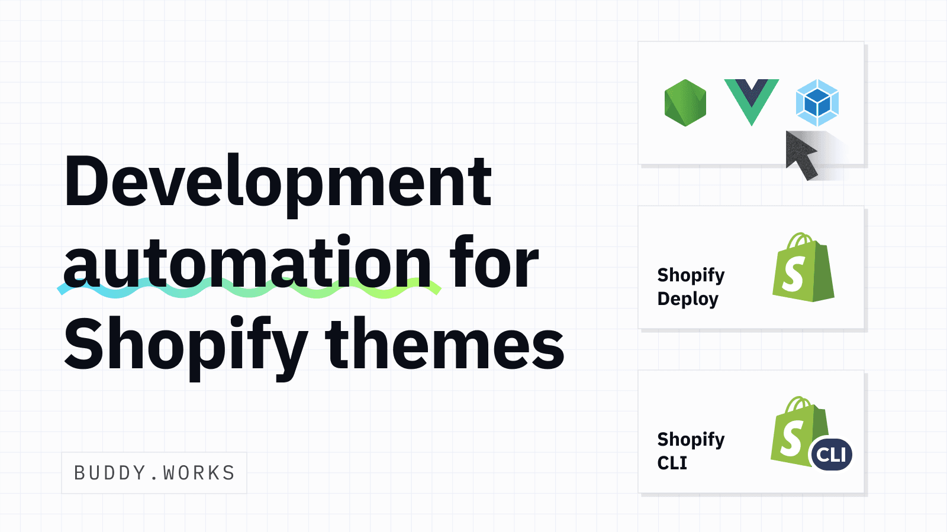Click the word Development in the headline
(x=278, y=182)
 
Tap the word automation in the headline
(x=247, y=263)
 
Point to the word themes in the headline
(x=444, y=344)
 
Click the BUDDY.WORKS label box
(x=154, y=473)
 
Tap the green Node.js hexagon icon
(x=685, y=103)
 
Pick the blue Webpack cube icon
(x=817, y=103)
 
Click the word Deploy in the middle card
(x=688, y=299)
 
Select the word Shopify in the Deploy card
(x=691, y=275)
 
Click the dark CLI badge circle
(x=832, y=455)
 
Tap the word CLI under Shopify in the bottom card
(x=672, y=463)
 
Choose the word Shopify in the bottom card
(x=691, y=439)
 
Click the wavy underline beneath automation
(x=249, y=290)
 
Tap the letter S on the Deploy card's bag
(x=793, y=274)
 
